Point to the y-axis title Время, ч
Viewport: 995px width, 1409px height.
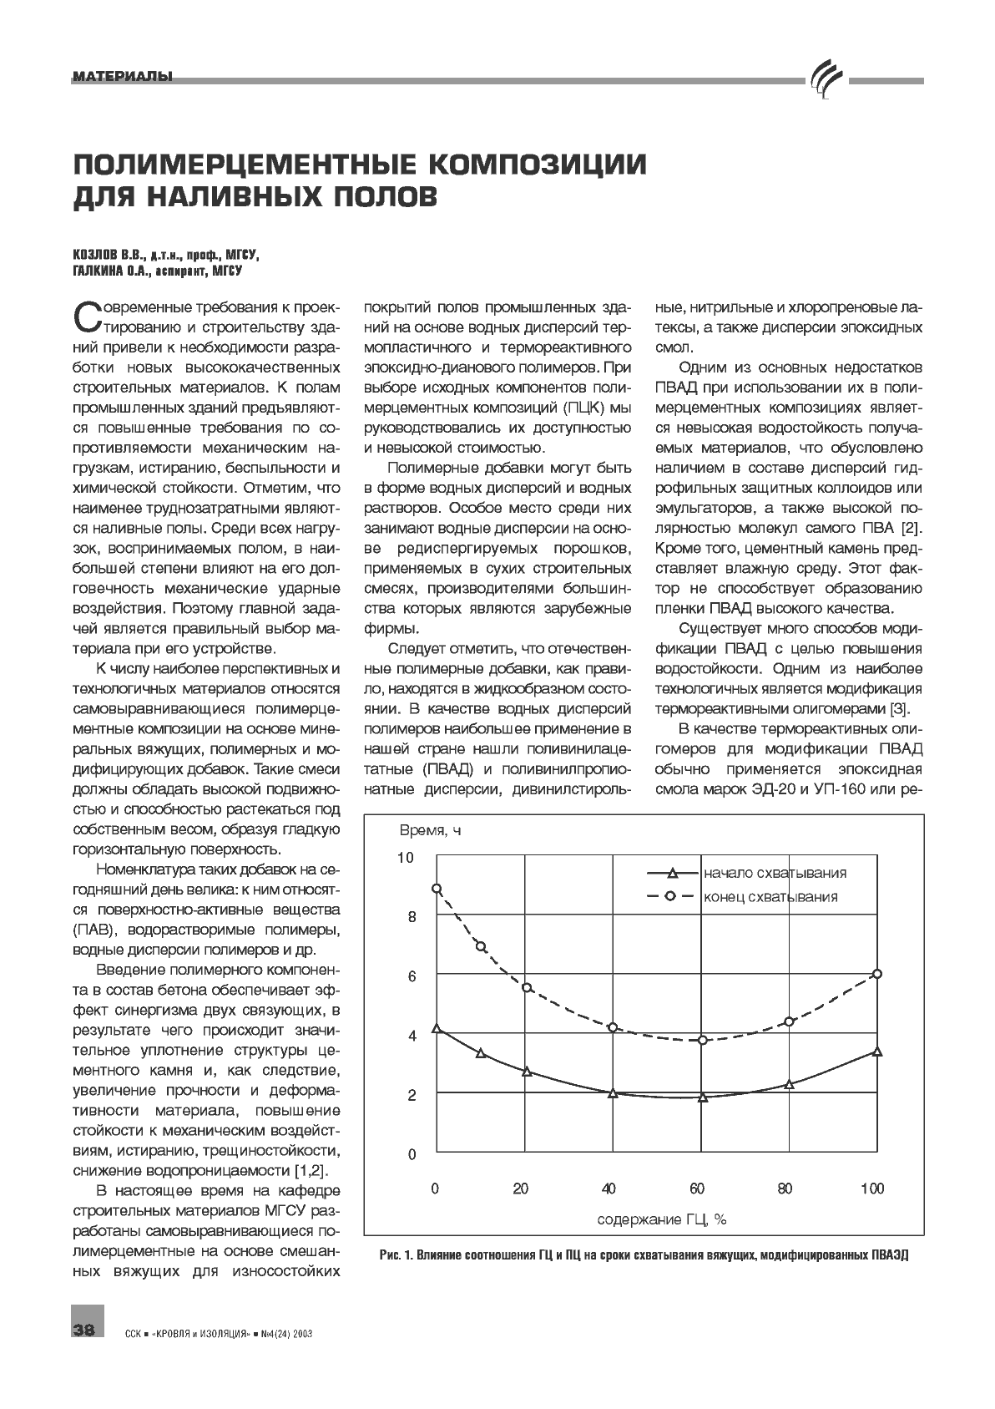(429, 830)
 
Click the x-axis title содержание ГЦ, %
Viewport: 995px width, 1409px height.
(661, 1219)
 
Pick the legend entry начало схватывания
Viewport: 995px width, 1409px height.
(775, 873)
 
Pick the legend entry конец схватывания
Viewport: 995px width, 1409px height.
(770, 897)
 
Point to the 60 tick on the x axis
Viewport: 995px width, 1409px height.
(697, 1189)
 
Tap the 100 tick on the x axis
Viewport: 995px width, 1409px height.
(872, 1189)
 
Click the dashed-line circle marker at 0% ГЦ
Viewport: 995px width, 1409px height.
(436, 889)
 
